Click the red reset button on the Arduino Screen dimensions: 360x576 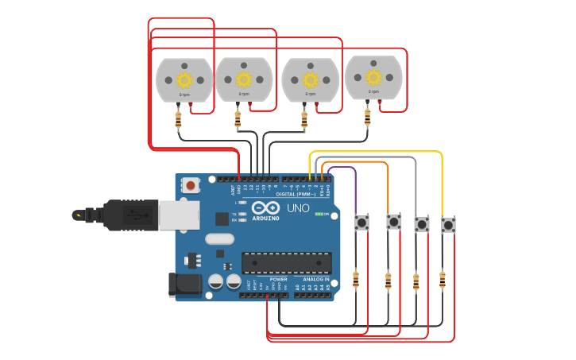pos(191,185)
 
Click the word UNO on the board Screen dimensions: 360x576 pos(298,208)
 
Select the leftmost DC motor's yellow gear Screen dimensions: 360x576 pos(184,79)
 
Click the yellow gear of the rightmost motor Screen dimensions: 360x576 pos(373,76)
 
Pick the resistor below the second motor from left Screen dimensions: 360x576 pos(238,120)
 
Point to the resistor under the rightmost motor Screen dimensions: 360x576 pos(367,118)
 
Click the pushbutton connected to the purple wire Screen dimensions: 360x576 pos(363,223)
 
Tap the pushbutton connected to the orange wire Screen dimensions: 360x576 pos(393,221)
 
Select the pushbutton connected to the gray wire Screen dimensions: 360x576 pos(422,225)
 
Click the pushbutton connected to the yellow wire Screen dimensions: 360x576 pos(448,225)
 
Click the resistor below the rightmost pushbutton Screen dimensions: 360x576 pos(443,279)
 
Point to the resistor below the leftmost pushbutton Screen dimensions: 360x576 pos(356,279)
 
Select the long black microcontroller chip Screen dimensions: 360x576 pos(287,263)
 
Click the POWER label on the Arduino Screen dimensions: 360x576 pos(278,280)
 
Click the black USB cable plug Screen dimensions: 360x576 pos(127,214)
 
